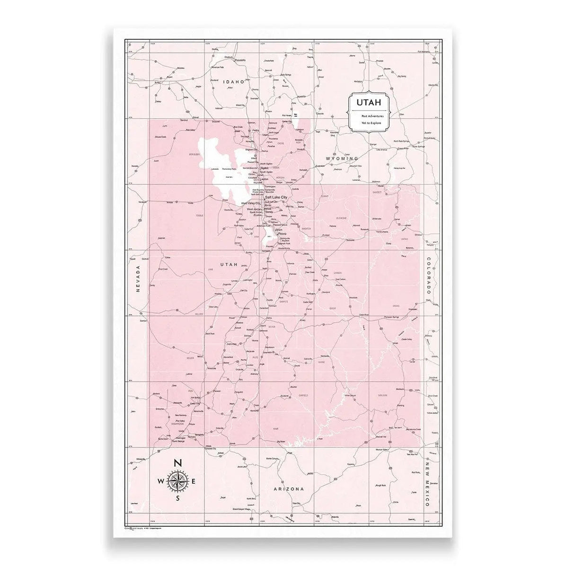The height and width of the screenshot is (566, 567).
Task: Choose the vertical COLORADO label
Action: click(428, 277)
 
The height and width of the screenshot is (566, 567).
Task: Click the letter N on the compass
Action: click(177, 463)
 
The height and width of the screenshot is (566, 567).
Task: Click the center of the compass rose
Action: click(177, 481)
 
